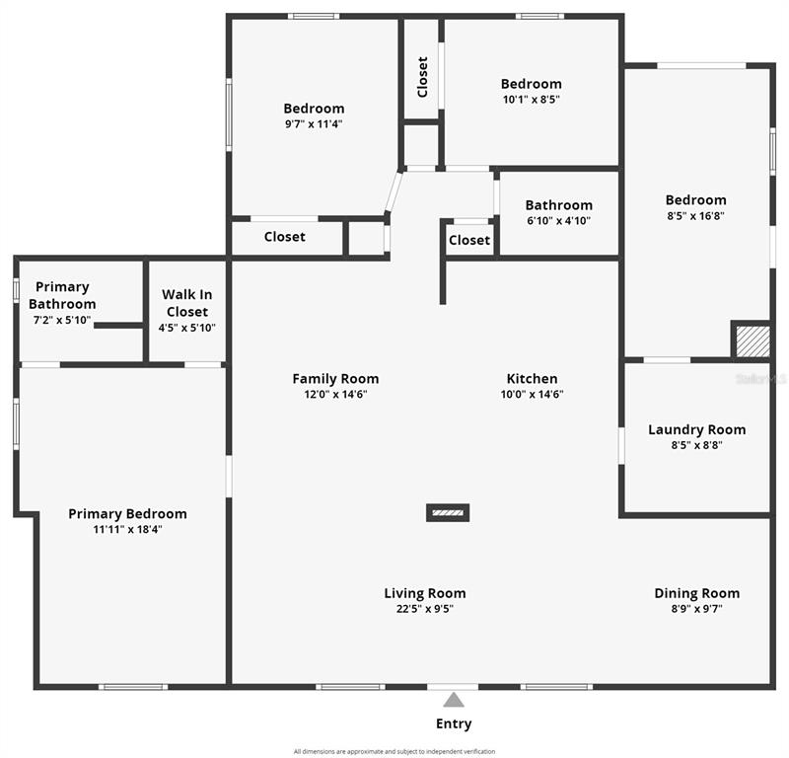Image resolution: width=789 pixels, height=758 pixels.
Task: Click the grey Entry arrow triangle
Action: pos(454,700)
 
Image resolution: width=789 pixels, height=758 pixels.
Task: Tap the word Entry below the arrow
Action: pos(454,724)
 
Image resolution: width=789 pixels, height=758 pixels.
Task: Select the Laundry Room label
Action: pos(697,429)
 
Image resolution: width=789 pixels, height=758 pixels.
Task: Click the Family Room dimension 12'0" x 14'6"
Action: pos(335,394)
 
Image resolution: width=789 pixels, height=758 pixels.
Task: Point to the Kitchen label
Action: pos(532,378)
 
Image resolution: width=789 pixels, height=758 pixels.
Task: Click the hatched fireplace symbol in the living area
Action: pos(448,512)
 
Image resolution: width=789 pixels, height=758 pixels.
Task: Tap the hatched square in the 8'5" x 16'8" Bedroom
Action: pos(753,341)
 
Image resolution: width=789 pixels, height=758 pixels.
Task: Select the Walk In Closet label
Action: pos(187,303)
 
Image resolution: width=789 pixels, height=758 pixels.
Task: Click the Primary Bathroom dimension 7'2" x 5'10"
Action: pos(62,320)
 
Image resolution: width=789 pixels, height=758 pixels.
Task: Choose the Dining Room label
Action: pos(697,593)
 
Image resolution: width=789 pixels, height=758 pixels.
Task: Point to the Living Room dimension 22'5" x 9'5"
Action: pos(425,608)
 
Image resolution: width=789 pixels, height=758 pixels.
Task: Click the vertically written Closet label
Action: pos(423,77)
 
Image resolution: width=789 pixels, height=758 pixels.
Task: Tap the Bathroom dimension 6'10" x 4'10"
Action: pos(558,221)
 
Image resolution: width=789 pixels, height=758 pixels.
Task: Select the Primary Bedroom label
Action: pos(128,514)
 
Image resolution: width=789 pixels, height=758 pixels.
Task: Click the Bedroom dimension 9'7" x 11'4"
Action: pos(314,124)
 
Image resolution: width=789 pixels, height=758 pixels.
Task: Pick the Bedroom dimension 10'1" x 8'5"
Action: pos(532,100)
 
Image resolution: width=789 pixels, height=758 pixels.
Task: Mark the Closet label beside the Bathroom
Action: pos(469,240)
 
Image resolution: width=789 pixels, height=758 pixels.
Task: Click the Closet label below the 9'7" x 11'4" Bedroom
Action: pos(285,236)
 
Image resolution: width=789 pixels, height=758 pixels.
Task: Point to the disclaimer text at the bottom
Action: pos(394,751)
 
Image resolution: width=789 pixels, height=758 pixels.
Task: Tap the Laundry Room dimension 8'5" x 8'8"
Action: pos(697,445)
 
